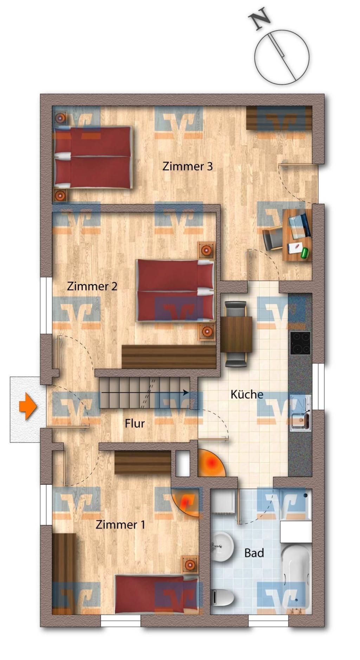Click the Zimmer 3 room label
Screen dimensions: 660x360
(187, 166)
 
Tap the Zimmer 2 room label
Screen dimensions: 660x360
(92, 286)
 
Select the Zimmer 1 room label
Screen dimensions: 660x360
(120, 525)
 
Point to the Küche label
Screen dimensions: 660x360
(247, 395)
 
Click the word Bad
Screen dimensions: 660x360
(254, 553)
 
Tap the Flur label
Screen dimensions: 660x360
(135, 424)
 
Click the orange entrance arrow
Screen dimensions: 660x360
(28, 407)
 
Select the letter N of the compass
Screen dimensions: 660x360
(259, 21)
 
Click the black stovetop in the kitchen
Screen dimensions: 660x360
(300, 343)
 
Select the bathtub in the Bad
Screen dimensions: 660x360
(296, 577)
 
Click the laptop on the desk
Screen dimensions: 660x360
(299, 225)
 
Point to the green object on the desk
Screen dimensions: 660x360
(304, 253)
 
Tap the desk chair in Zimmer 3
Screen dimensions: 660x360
(273, 238)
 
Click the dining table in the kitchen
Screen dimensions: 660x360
(236, 334)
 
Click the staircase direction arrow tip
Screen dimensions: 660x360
(187, 392)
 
